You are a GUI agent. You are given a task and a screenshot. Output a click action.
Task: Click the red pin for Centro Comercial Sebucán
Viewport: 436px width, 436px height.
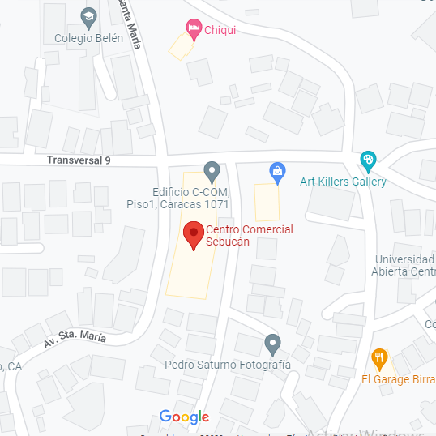(x=193, y=235)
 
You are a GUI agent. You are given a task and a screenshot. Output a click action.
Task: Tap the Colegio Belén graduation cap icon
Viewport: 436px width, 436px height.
(x=88, y=17)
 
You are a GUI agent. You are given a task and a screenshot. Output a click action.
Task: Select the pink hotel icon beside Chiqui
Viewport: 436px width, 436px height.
(x=193, y=30)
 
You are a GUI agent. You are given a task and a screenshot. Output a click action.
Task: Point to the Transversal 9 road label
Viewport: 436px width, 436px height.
(x=78, y=160)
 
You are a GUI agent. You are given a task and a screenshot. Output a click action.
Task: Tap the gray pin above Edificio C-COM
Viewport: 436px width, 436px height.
(x=212, y=171)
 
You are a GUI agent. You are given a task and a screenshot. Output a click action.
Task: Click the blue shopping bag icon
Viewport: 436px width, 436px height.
(x=277, y=171)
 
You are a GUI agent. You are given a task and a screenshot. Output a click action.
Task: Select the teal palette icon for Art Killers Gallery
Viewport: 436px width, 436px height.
(x=369, y=160)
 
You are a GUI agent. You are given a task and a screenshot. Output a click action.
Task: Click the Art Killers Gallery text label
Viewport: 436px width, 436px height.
(x=343, y=182)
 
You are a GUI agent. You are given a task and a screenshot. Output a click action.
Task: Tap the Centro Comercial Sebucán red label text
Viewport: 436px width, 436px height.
(x=249, y=236)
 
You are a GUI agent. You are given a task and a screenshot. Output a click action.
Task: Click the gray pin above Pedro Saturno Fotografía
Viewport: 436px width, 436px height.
(x=273, y=344)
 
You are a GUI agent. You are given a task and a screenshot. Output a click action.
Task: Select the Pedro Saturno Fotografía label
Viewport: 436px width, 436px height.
(x=228, y=365)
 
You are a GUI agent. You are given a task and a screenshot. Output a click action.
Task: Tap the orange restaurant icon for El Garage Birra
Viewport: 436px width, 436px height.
(x=378, y=357)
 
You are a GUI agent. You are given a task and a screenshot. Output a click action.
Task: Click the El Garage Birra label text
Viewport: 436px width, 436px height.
(x=398, y=379)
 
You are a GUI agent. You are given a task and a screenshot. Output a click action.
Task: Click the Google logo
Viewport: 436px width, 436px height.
(x=184, y=417)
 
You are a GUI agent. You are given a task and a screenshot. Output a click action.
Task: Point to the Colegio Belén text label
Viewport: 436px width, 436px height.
(x=89, y=38)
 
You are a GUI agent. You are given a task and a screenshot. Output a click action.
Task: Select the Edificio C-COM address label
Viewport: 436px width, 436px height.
(x=191, y=199)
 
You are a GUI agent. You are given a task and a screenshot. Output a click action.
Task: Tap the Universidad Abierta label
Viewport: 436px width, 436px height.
(x=404, y=265)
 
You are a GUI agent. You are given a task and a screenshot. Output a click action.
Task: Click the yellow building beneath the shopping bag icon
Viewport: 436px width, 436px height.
(x=267, y=202)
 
